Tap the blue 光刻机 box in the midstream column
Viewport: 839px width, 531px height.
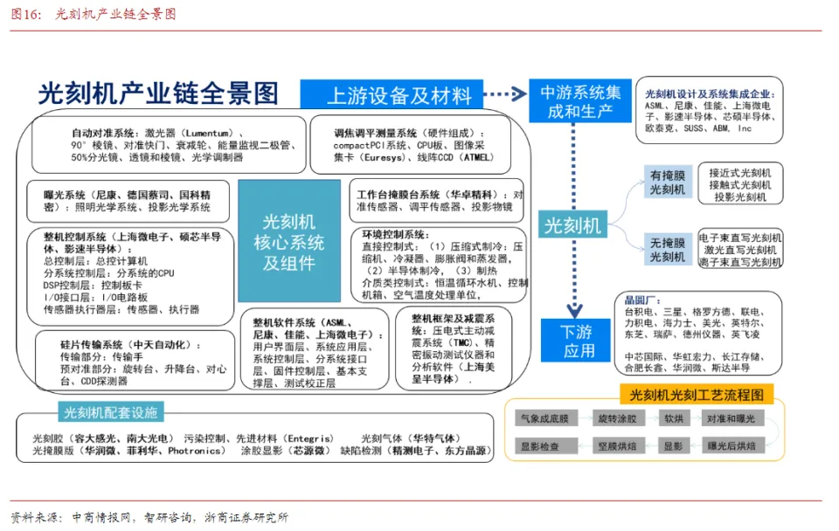(572, 226)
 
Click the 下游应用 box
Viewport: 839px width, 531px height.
(577, 341)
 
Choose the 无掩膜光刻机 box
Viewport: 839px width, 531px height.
(667, 249)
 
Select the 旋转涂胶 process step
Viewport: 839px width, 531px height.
(616, 418)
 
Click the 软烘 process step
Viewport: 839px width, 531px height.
(673, 418)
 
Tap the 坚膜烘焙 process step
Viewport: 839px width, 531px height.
(616, 445)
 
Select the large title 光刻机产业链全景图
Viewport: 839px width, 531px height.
(157, 93)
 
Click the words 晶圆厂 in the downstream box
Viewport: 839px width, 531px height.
(638, 300)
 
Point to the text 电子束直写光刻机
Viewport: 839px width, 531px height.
(740, 238)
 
